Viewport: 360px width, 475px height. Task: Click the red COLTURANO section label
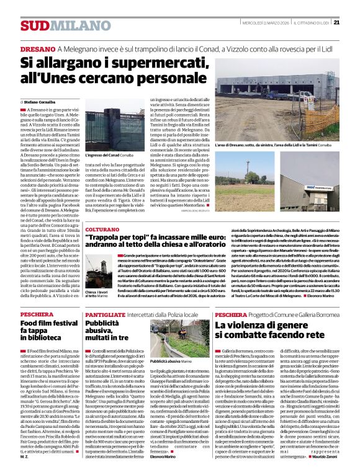tap(102, 229)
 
